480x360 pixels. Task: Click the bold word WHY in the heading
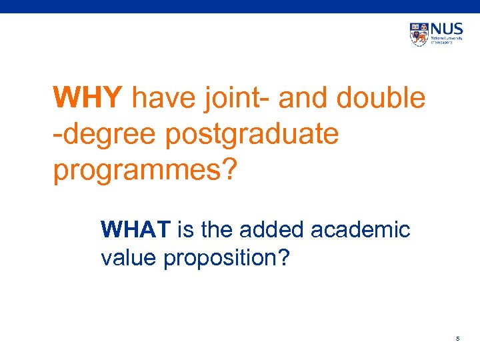(x=87, y=99)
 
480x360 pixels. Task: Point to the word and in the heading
(x=304, y=99)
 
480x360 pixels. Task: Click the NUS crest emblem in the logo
(x=419, y=34)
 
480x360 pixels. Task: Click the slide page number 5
(x=457, y=339)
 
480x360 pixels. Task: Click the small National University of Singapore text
(x=446, y=41)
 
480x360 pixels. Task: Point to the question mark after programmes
(x=229, y=171)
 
